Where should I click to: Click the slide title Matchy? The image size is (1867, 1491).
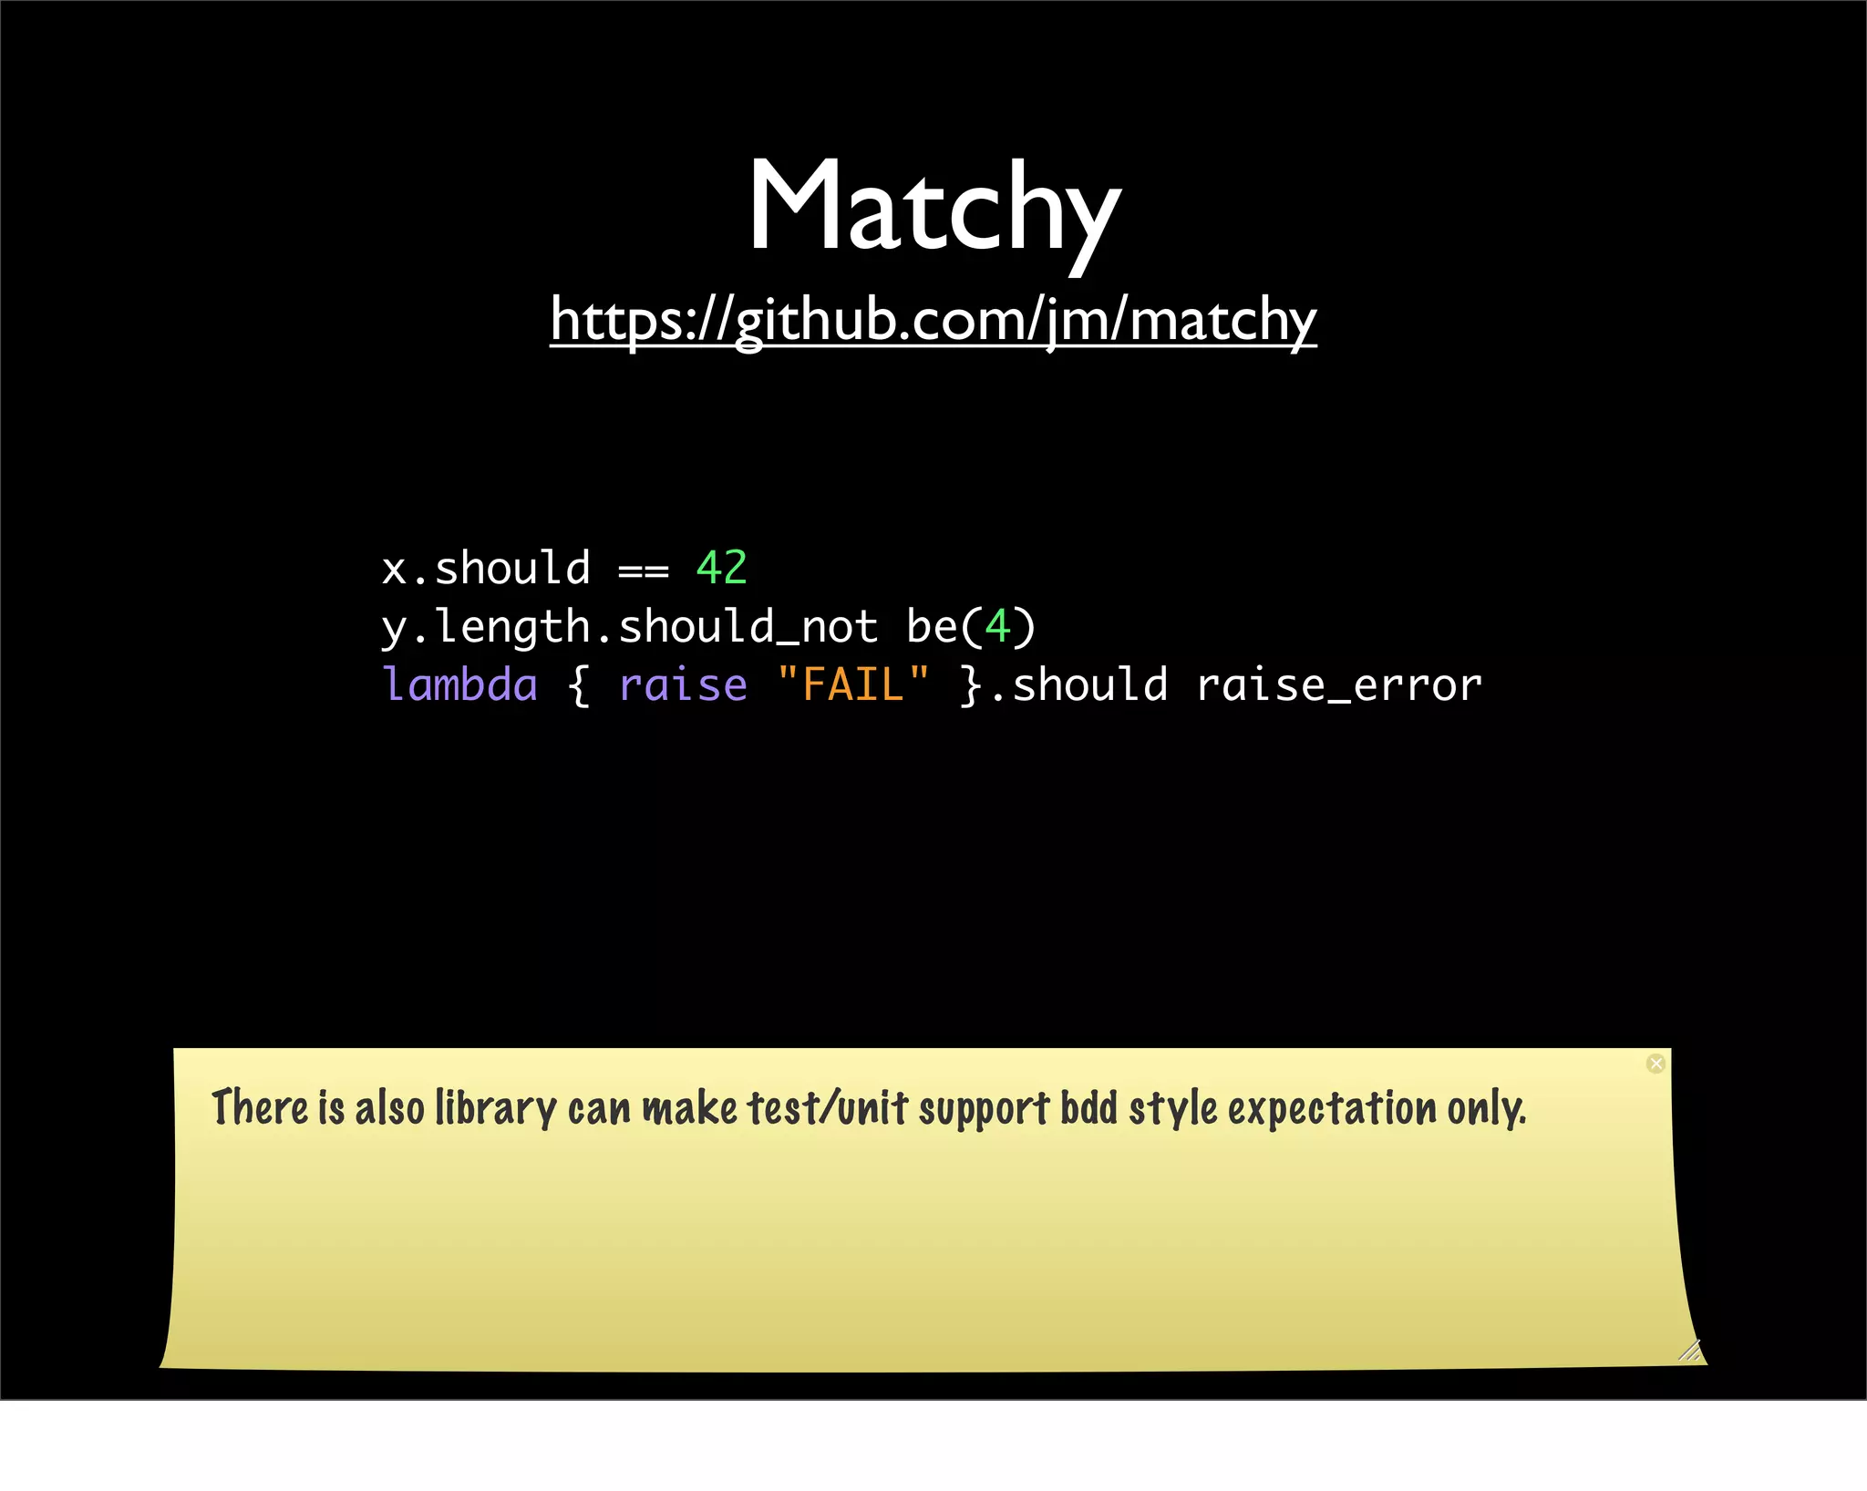933,208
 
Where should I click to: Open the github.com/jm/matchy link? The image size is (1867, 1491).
933,321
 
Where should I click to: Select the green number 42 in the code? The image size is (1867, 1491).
721,569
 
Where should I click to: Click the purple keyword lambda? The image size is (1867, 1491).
460,684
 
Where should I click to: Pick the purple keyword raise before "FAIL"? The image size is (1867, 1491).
683,685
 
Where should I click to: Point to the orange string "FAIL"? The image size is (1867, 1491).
853,684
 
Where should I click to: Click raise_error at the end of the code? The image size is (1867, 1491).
1338,685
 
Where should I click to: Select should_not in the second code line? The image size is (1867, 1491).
748,627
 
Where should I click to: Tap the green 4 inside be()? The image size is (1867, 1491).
997,627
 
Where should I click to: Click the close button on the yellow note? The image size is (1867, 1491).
1656,1064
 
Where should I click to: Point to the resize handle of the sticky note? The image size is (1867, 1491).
1690,1350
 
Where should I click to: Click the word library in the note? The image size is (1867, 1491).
495,1109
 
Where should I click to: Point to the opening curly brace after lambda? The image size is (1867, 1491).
578,685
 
